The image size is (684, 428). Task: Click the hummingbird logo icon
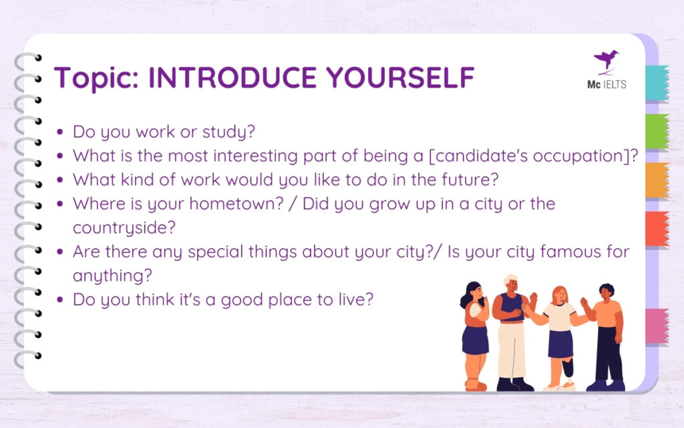pos(606,60)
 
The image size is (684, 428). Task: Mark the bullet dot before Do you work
pos(61,132)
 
